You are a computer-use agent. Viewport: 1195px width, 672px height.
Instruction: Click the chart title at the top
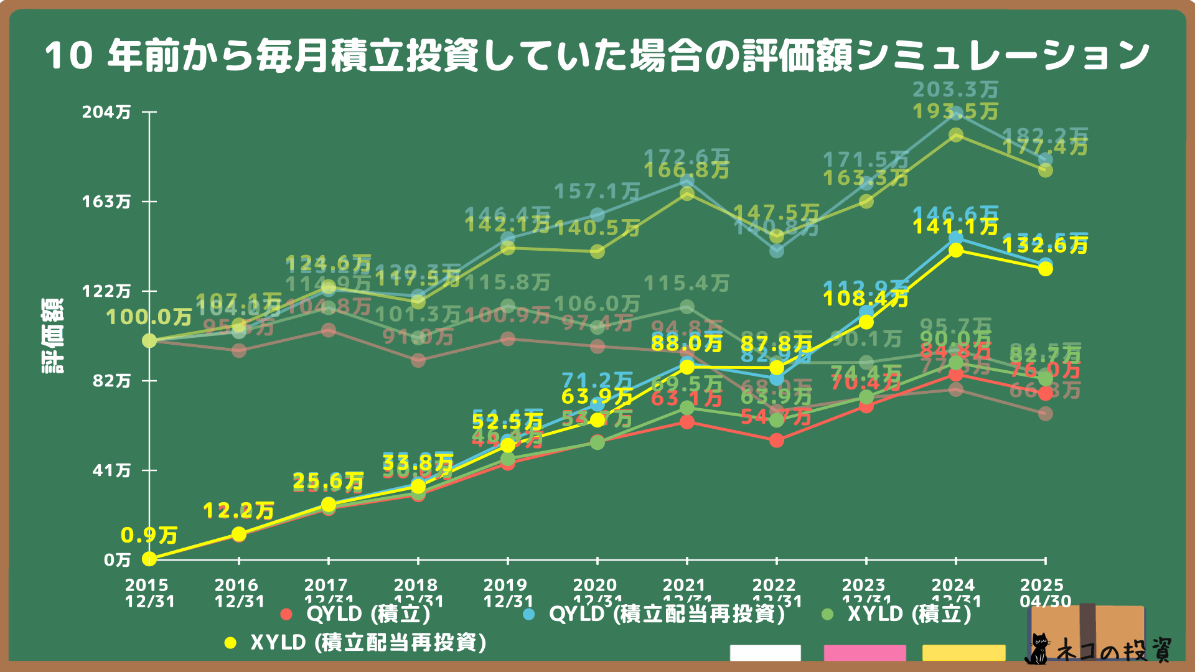[x=596, y=56]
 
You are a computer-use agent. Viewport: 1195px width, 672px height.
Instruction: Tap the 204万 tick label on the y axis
[x=106, y=113]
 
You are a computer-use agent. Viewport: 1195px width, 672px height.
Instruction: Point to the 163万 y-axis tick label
[x=106, y=202]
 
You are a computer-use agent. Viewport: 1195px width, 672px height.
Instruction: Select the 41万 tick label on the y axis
[x=111, y=470]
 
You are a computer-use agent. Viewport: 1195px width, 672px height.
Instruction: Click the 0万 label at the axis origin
[x=117, y=560]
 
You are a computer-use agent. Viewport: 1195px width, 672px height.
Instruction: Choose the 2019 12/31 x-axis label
[x=508, y=594]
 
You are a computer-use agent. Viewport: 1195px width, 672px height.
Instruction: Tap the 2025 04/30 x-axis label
[x=1045, y=594]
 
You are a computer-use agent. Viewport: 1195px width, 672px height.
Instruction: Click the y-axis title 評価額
[x=52, y=336]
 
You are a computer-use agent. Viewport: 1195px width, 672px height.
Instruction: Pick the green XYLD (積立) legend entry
[x=897, y=614]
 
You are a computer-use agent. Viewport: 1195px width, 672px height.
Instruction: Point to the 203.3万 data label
[x=955, y=90]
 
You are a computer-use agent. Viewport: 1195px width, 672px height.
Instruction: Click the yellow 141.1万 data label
[x=955, y=226]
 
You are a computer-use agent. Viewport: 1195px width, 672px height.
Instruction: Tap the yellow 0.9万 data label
[x=149, y=535]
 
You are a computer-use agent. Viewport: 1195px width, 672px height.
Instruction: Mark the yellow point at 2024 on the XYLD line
[x=956, y=250]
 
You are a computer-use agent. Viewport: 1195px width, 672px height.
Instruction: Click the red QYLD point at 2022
[x=777, y=441]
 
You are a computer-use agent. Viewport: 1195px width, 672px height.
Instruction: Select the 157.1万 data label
[x=597, y=192]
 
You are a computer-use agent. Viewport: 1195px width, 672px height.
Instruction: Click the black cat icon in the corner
[x=1037, y=648]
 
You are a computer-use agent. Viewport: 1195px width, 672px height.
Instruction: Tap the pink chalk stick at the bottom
[x=865, y=653]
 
